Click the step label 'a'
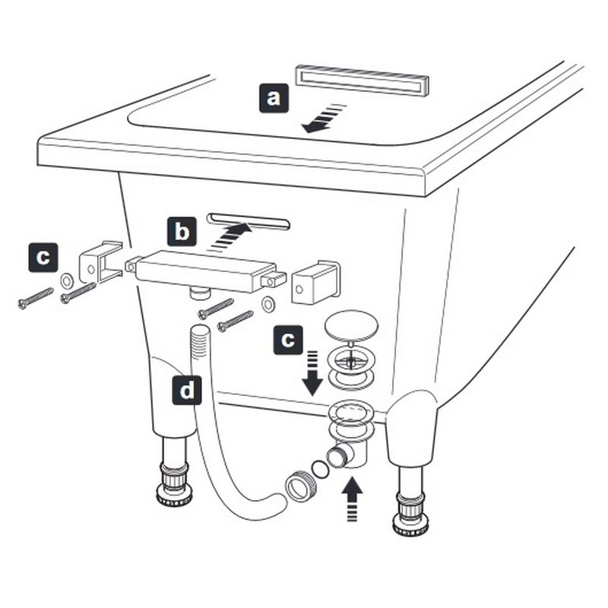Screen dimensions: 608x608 274,98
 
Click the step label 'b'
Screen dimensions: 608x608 182,232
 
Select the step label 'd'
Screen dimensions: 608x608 187,390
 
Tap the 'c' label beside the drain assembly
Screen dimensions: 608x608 288,340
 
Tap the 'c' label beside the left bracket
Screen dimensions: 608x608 43,258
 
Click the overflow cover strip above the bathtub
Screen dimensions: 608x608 363,81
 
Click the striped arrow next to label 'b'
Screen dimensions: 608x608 230,236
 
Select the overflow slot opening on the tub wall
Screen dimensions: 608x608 249,221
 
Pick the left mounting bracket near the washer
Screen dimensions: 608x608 100,261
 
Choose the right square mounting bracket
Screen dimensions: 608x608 315,281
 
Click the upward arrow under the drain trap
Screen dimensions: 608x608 352,499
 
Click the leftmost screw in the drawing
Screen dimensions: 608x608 35,298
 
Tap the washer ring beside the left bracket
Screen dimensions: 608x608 67,280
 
